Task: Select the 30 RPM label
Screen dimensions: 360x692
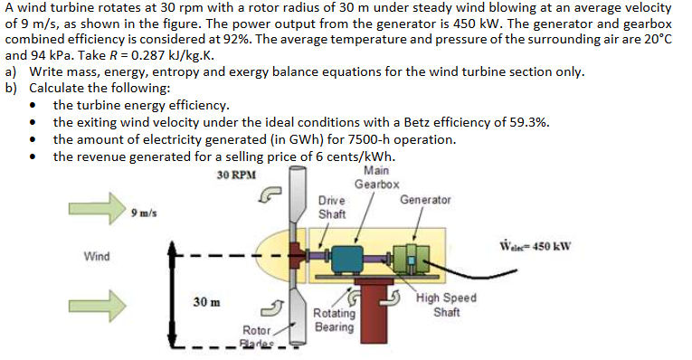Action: [x=236, y=175]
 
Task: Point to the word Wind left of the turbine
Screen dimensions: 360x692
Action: [x=97, y=257]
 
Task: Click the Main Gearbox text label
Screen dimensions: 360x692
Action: [x=375, y=177]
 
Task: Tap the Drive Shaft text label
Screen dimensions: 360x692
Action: [x=331, y=207]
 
